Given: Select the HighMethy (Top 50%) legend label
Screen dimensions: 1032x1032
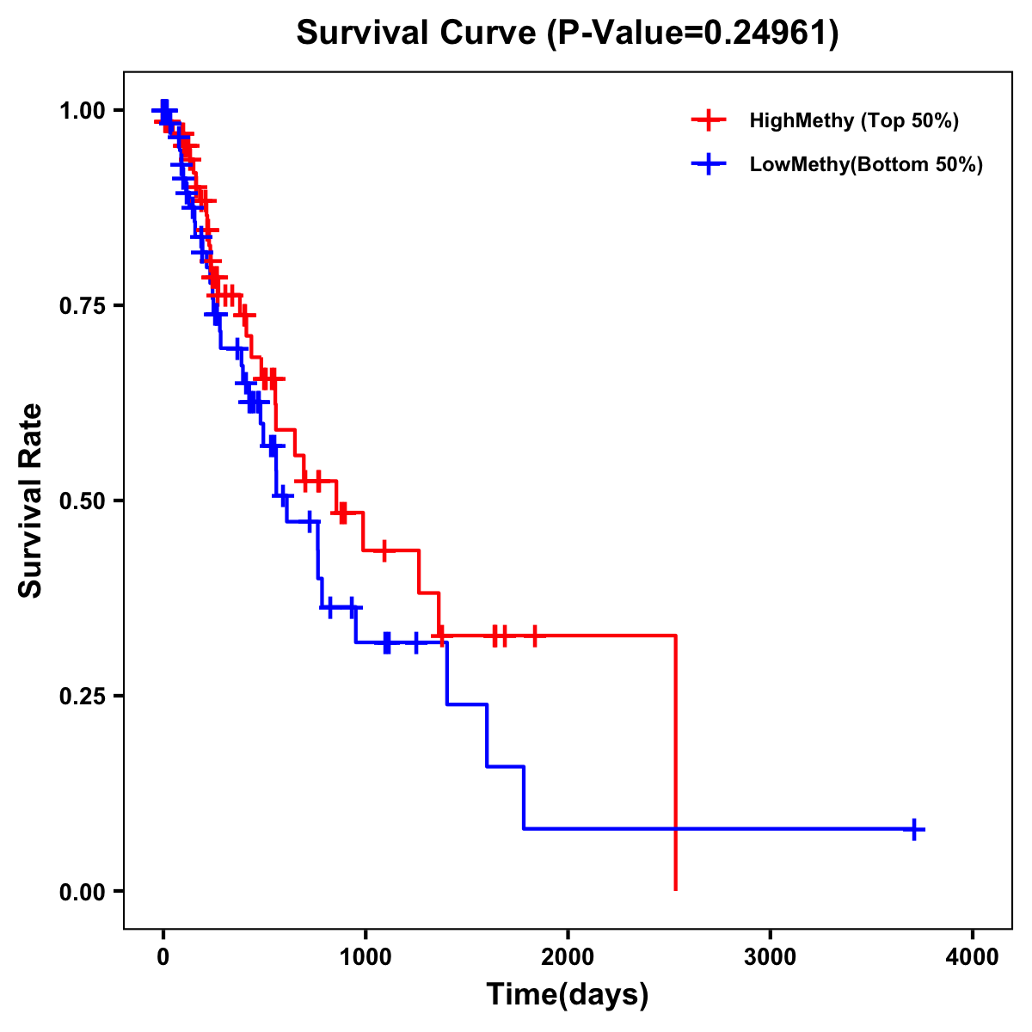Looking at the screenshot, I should [853, 120].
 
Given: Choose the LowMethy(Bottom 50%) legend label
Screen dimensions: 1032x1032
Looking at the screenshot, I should [866, 164].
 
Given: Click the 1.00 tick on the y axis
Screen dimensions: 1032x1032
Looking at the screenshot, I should [82, 111].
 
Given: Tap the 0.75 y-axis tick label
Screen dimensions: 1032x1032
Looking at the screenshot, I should [82, 306].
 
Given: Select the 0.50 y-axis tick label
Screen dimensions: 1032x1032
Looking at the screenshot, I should [82, 501].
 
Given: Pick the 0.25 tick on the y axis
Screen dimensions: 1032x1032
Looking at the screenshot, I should [82, 697].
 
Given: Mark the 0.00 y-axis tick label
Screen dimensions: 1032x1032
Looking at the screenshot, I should [82, 892].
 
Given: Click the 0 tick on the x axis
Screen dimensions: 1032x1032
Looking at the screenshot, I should [163, 956].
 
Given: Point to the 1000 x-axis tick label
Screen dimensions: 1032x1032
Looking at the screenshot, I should [365, 956].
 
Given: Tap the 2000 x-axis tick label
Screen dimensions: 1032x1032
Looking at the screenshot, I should [568, 956].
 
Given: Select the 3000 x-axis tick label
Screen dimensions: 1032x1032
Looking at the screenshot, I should [770, 956].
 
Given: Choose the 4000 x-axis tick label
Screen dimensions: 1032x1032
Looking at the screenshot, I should [973, 956].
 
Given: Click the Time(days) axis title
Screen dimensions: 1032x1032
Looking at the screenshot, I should [568, 994].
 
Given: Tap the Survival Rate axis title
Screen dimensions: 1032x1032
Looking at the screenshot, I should [31, 501].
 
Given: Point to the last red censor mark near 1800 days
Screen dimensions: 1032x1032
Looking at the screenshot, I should [535, 636].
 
